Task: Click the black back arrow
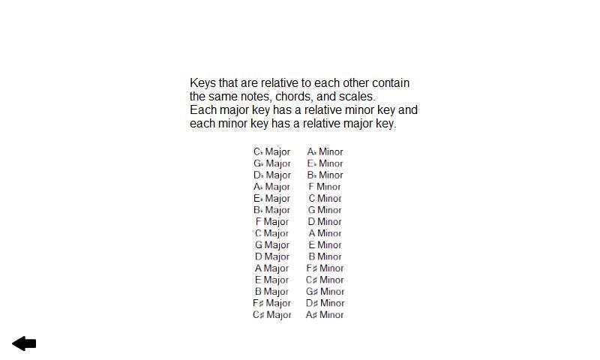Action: coord(24,343)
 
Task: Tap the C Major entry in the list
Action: coord(271,233)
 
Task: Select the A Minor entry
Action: coord(325,233)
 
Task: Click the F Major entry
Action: coord(271,222)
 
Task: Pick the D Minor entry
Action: coord(325,222)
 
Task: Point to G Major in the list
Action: coord(271,245)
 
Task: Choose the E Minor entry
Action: coord(325,245)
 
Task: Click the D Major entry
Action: coord(271,256)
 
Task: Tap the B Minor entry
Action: coord(325,256)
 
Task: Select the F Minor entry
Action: coord(325,187)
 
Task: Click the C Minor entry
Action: coord(325,199)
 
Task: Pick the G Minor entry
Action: coord(325,210)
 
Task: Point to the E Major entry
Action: coord(271,280)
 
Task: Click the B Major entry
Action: coord(271,292)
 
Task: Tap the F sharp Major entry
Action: coord(271,303)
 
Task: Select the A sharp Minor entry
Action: coord(325,315)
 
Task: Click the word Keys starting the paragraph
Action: coord(202,83)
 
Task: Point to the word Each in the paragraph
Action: coord(202,110)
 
